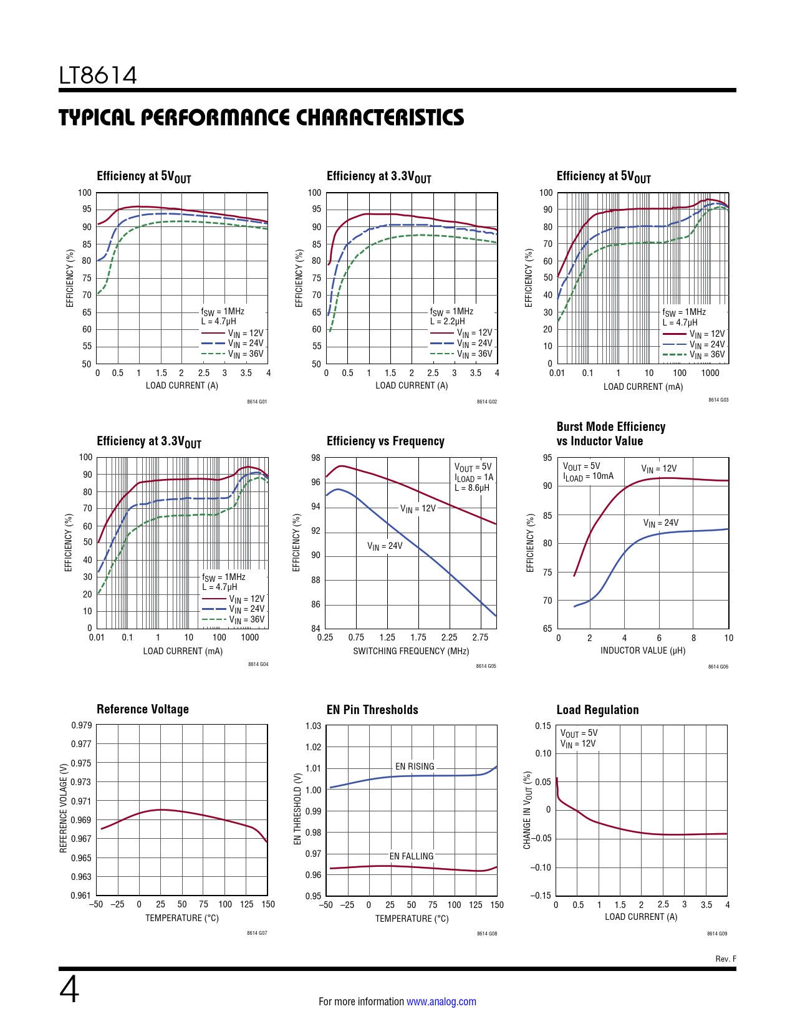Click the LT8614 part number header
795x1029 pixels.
pos(98,75)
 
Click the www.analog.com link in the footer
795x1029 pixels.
pos(441,1002)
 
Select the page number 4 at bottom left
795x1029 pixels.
pos(69,990)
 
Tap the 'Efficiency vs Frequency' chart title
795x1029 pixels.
pos(385,442)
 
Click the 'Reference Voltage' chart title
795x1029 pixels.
pos(143,709)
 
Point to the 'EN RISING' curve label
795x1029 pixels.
pos(415,766)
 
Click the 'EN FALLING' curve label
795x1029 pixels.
pos(412,856)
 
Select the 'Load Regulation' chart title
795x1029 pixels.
pos(597,710)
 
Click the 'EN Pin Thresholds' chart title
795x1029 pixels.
pos(372,710)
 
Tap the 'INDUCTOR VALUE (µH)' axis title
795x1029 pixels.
pos(642,650)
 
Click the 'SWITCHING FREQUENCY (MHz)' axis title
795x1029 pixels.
pos(411,651)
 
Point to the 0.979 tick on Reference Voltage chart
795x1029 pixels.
pos(82,725)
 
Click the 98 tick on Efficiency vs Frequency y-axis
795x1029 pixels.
pos(316,458)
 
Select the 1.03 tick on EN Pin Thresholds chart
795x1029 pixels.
pos(313,726)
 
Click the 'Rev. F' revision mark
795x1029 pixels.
pos(725,959)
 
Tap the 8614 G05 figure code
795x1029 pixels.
pos(486,666)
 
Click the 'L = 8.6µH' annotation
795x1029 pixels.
pos(472,488)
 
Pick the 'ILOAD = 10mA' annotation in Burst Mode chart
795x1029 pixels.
pos(588,477)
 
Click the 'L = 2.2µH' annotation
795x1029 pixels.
pos(448,322)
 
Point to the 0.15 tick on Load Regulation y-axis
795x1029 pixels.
pos(543,726)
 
